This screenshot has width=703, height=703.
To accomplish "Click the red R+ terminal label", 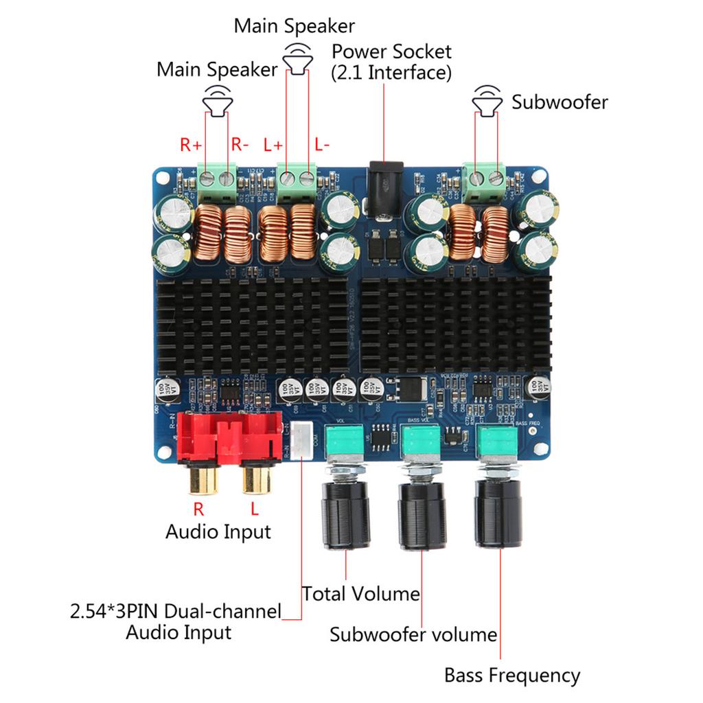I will (191, 145).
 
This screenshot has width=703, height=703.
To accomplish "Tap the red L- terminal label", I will (322, 145).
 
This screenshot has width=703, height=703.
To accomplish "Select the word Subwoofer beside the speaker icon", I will (560, 102).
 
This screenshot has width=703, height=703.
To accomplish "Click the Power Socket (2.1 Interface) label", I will (391, 62).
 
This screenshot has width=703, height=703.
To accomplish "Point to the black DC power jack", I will (384, 181).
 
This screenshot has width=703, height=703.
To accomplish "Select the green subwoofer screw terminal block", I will (484, 178).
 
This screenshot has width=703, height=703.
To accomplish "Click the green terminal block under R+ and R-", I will (217, 178).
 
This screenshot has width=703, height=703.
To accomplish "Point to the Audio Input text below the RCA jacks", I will (218, 531).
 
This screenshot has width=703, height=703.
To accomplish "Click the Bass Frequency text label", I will (512, 675).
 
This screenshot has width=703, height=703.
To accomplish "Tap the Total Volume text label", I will (361, 593).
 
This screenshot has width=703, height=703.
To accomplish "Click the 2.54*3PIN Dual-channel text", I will (176, 611).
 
